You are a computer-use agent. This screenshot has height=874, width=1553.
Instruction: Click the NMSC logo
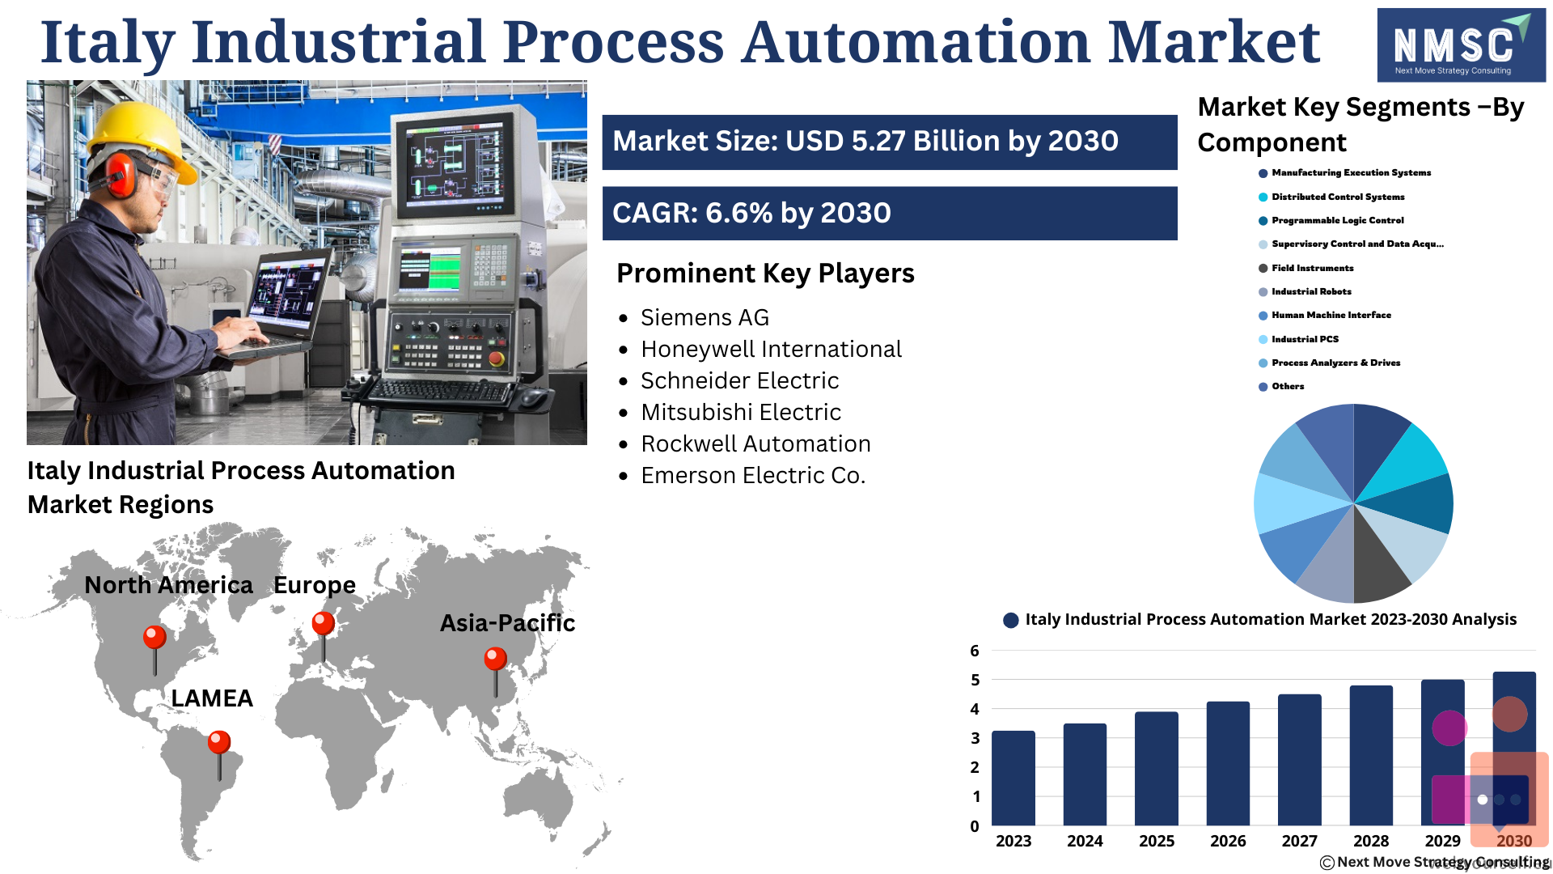[1461, 45]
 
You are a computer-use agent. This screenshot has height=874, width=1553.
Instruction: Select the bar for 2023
[1013, 778]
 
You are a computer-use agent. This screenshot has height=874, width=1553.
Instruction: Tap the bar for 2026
[1228, 763]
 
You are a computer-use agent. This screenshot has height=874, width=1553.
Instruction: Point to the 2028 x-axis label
[1371, 841]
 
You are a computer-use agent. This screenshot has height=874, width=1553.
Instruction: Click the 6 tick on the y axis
[975, 651]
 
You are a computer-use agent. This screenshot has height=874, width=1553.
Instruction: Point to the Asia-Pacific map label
[507, 623]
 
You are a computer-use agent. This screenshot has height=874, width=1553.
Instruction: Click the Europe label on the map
[315, 585]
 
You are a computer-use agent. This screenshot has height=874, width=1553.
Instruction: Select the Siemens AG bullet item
[705, 318]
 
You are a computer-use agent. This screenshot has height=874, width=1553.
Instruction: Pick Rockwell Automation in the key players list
[755, 444]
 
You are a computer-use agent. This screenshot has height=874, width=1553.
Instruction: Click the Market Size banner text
[865, 142]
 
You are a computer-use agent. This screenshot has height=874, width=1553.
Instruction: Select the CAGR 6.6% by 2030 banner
[890, 214]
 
